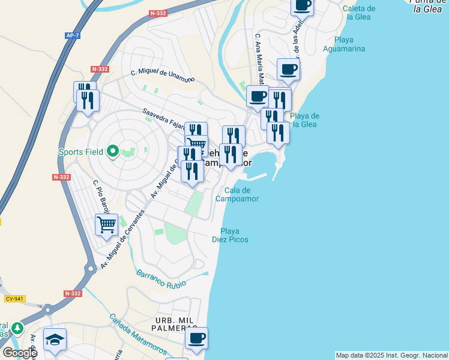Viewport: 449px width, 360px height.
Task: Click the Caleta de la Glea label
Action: coord(360,13)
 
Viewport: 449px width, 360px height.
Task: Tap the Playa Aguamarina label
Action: coord(344,44)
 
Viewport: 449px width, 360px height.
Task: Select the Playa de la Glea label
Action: coord(304,120)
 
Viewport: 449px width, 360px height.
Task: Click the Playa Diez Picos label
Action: coord(230,235)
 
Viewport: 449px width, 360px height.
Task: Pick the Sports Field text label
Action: coord(80,152)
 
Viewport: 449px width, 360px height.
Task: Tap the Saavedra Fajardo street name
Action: coord(163,119)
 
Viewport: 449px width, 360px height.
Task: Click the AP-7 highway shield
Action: coord(73,36)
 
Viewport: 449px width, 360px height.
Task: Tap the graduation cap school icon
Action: coord(55,339)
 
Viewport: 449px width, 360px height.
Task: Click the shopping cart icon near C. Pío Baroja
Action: coord(107,224)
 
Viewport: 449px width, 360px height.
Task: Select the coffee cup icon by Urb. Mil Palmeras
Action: coord(196,338)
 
